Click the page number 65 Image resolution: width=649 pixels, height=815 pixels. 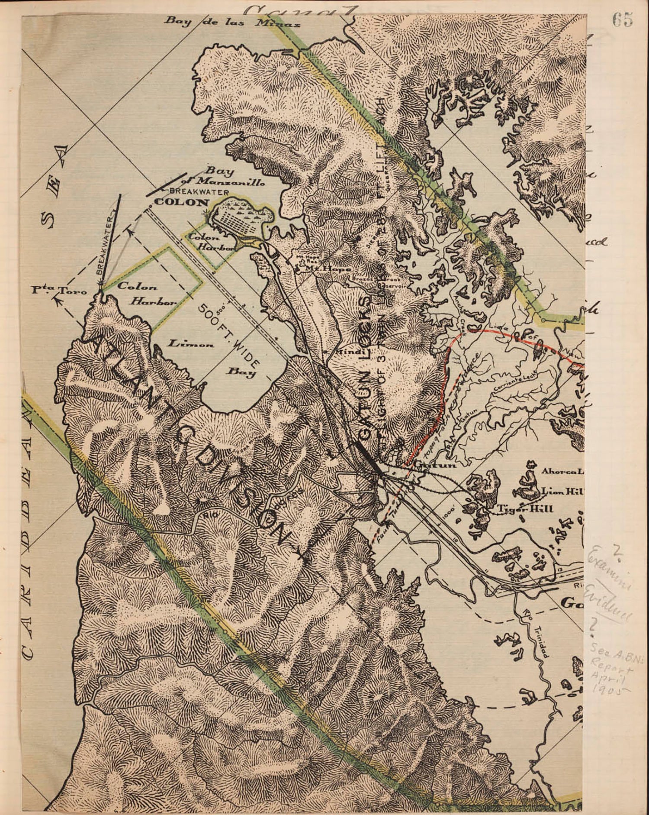[622, 19]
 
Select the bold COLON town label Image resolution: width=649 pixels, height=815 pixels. [182, 202]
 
